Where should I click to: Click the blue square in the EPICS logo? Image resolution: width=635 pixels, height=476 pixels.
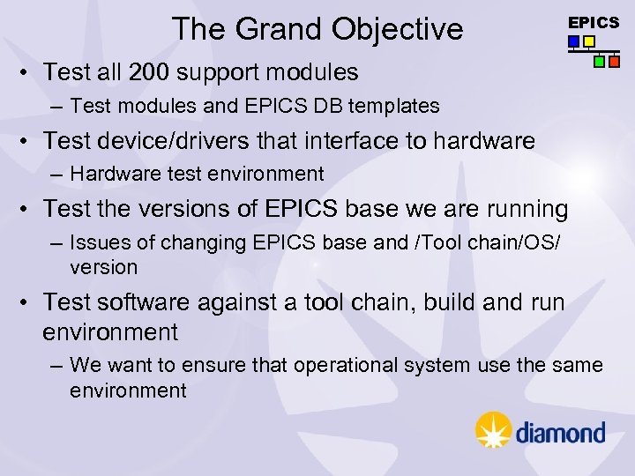pos(574,41)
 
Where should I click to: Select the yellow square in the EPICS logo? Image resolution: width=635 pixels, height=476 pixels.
pos(588,41)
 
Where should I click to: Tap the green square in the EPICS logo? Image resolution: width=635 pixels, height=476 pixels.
pos(600,62)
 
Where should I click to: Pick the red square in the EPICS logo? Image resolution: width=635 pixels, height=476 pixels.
pos(614,62)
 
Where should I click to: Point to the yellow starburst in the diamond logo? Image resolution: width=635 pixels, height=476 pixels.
pos(493,430)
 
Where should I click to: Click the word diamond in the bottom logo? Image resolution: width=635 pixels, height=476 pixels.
pos(560,432)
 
